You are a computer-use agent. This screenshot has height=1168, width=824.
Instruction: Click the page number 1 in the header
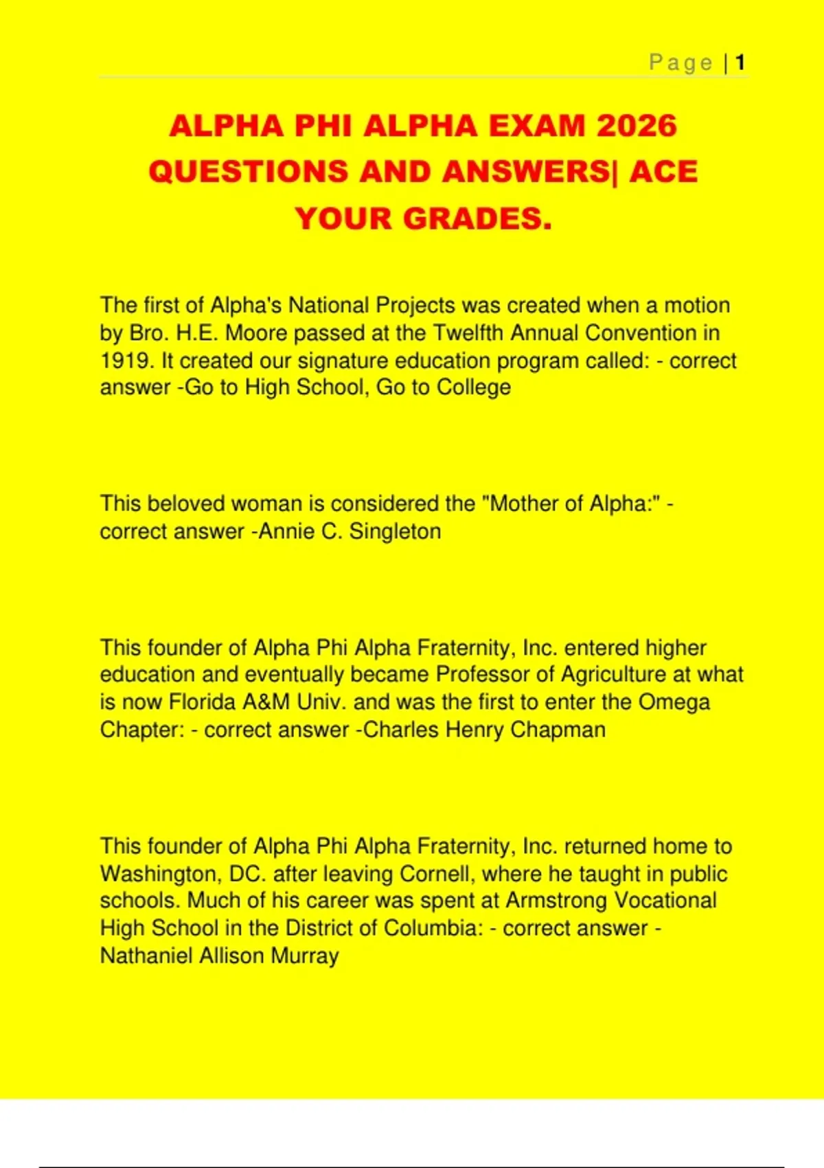[x=740, y=63]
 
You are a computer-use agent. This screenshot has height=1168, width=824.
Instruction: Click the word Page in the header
[x=681, y=63]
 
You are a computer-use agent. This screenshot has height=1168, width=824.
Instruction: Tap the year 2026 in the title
[x=637, y=126]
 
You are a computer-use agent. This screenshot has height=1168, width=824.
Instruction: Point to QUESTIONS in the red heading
[x=248, y=172]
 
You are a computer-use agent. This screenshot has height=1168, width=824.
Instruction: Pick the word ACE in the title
[x=663, y=172]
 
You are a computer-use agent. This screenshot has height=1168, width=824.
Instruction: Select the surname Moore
[x=257, y=333]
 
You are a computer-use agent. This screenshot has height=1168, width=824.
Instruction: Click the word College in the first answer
[x=474, y=388]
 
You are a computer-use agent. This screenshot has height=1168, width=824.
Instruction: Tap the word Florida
[x=202, y=702]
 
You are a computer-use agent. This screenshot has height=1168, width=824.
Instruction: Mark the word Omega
[x=674, y=702]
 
